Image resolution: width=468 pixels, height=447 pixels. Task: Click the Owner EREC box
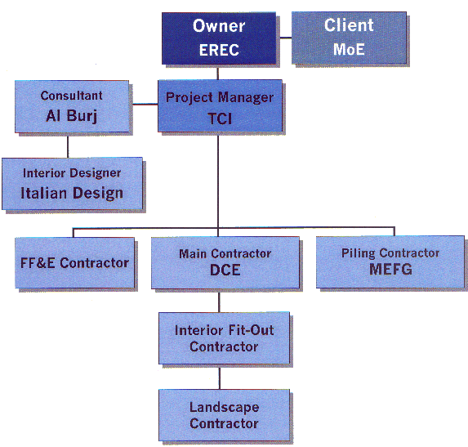pos(219,38)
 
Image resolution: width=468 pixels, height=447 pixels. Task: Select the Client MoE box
pos(350,38)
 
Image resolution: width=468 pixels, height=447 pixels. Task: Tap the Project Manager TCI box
pos(219,106)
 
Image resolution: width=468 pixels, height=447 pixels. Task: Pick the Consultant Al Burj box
pos(71,106)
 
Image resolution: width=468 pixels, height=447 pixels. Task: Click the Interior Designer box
pos(72,184)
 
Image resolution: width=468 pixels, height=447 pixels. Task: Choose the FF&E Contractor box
pos(74,262)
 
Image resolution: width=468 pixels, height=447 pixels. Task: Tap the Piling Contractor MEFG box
pos(390,262)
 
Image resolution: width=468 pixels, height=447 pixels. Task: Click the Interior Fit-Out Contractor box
pos(223,338)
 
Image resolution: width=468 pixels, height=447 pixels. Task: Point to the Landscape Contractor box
pos(223,415)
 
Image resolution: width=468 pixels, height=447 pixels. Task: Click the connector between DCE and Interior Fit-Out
pos(219,300)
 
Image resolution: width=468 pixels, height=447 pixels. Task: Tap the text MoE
pos(349,49)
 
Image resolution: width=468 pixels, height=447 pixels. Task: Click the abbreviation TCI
pos(219,118)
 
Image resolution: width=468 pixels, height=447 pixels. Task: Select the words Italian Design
pos(72,194)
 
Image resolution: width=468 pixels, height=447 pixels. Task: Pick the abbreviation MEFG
pos(390,269)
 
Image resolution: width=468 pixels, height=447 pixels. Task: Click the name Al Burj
pos(71,115)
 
